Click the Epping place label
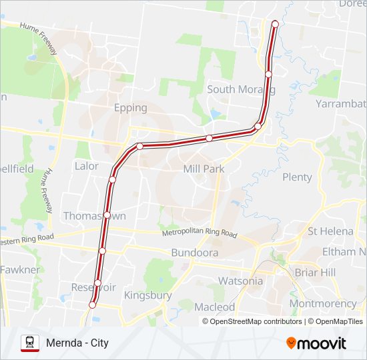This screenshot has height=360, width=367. click(x=130, y=107)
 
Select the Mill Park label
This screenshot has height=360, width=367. click(x=204, y=169)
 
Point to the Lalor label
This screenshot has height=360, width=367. click(x=87, y=166)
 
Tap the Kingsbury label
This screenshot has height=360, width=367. click(x=148, y=295)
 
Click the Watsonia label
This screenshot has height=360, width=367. click(x=241, y=281)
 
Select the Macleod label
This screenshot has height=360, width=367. click(x=215, y=307)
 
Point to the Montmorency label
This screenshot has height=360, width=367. click(x=324, y=303)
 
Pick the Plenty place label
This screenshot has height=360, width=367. click(x=297, y=177)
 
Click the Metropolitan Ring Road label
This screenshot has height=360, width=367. click(x=200, y=234)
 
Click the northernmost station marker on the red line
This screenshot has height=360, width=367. click(x=275, y=24)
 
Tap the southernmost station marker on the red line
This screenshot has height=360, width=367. click(x=92, y=305)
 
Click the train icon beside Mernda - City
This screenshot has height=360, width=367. click(x=30, y=343)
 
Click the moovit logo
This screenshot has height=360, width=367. click(x=316, y=343)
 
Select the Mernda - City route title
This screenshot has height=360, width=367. click(x=77, y=343)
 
